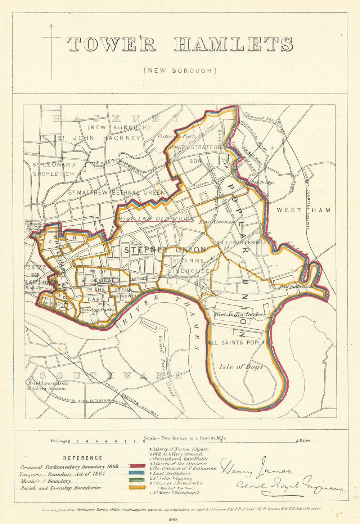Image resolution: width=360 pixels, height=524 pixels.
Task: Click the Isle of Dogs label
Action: (240, 367)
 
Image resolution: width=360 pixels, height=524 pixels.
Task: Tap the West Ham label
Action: (303, 210)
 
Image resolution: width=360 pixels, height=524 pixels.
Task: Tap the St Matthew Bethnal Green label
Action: (116, 193)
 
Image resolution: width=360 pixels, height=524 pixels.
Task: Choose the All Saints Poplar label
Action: (239, 343)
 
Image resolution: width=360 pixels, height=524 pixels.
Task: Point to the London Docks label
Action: (98, 310)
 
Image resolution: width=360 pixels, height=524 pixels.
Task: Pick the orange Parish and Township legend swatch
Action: (137, 488)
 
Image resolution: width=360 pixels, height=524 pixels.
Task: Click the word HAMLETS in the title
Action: (234, 44)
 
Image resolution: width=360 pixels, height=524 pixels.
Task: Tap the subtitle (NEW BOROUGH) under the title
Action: (180, 71)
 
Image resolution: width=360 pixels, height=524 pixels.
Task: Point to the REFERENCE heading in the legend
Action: (82, 458)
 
